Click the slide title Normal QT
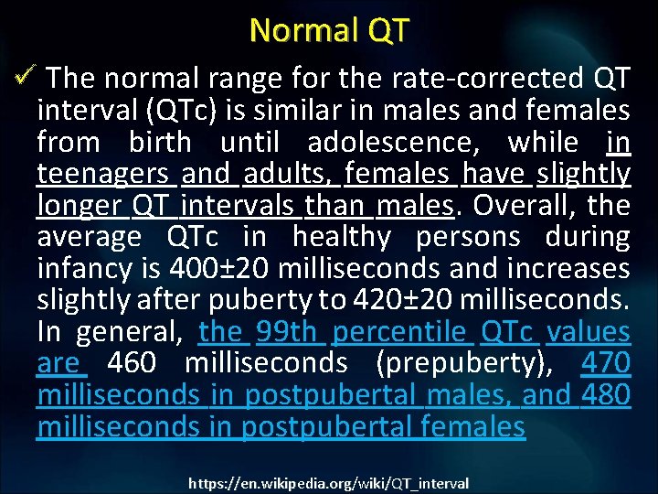pyautogui.click(x=329, y=30)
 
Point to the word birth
pyautogui.click(x=160, y=143)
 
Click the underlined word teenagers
pyautogui.click(x=102, y=174)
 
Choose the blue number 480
pyautogui.click(x=604, y=395)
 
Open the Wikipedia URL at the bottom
pyautogui.click(x=329, y=483)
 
